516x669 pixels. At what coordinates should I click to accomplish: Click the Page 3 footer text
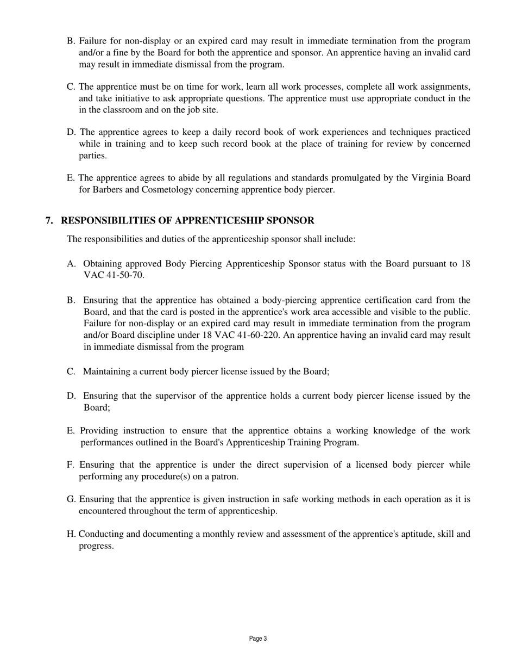258,639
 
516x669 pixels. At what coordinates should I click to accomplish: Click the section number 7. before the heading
49,220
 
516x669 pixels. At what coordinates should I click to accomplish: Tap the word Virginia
430,178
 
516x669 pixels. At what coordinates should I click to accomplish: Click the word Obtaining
103,264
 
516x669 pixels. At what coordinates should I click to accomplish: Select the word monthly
216,534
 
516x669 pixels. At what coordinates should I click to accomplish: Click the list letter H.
71,534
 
